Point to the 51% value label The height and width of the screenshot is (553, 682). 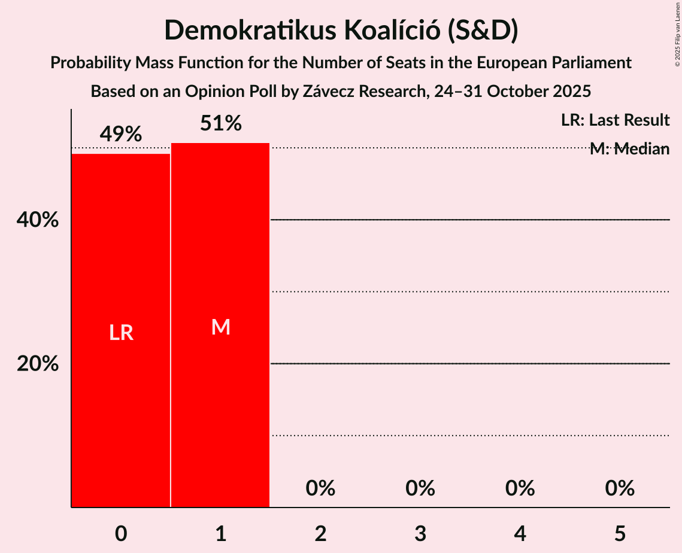[x=220, y=124]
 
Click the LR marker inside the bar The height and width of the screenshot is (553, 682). [x=121, y=333]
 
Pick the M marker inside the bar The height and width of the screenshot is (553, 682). [x=220, y=327]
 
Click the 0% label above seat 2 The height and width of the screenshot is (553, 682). [x=320, y=488]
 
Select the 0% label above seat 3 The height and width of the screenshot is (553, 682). [x=420, y=488]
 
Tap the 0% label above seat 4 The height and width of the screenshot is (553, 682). [x=520, y=488]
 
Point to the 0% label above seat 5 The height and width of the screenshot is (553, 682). [x=619, y=488]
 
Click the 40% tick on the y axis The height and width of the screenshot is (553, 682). [x=38, y=220]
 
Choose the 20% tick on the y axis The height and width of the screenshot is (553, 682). [x=38, y=363]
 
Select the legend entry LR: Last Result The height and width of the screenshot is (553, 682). [x=615, y=120]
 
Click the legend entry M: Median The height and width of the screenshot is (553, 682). [x=629, y=149]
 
